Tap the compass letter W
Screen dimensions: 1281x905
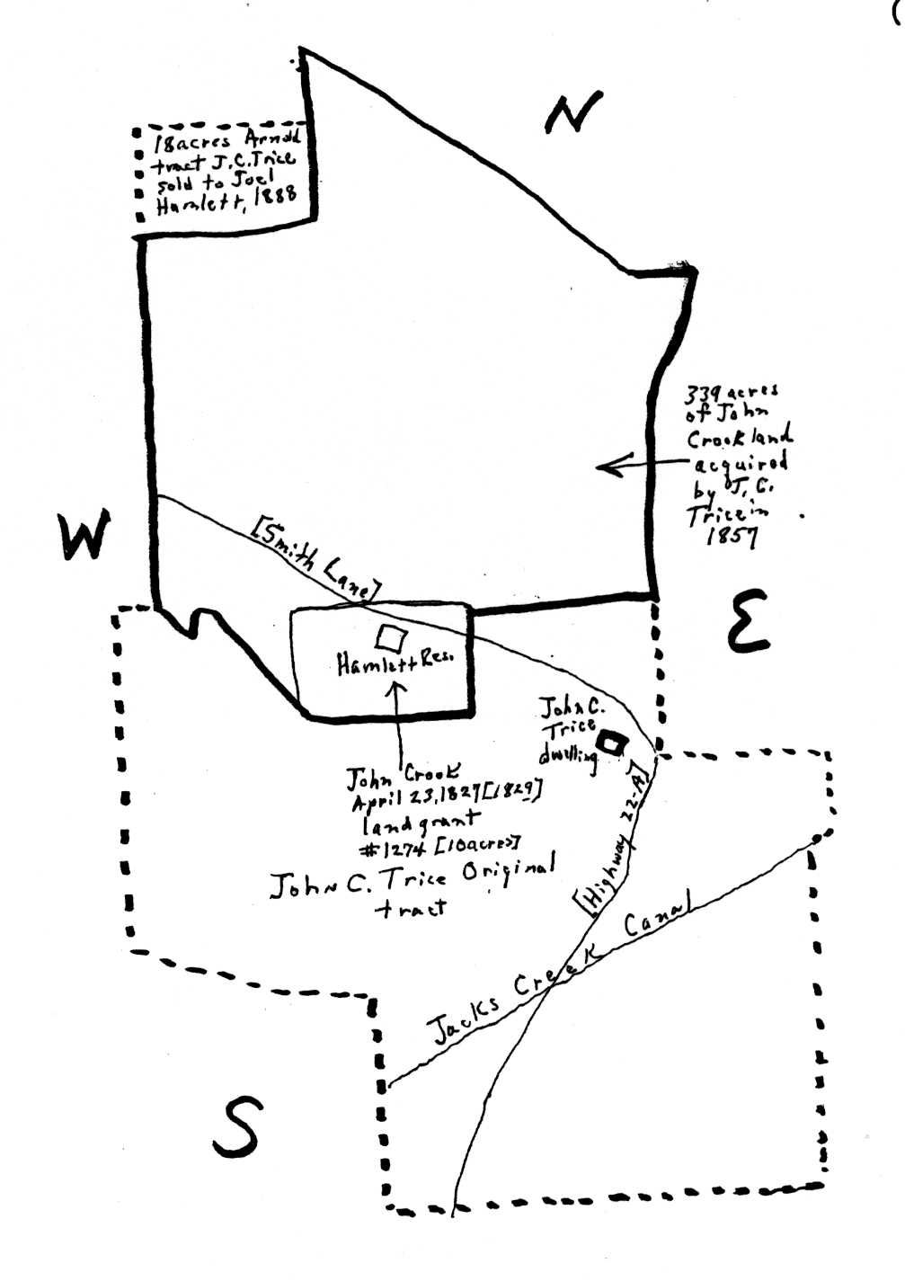tap(84, 536)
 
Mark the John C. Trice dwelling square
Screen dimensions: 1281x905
tap(614, 743)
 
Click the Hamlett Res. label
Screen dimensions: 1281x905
tap(395, 663)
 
